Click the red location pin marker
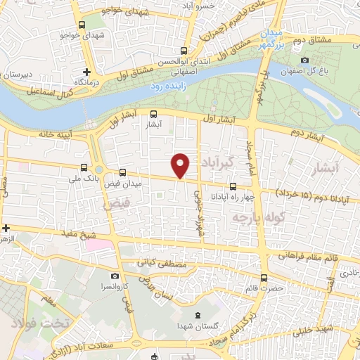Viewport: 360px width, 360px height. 181,165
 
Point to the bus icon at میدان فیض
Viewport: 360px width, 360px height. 123,172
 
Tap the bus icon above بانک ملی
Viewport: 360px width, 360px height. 84,167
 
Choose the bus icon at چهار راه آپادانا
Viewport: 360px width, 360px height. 233,187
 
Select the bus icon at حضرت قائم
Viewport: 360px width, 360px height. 264,278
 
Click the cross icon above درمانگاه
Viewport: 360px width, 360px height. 87,72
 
